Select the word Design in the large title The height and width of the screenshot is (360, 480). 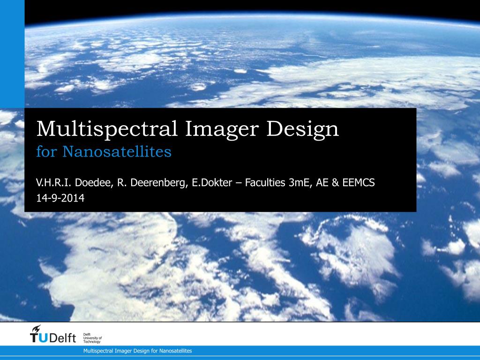point(303,129)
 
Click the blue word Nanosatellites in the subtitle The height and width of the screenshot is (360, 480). point(117,152)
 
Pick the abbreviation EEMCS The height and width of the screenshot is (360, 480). point(359,183)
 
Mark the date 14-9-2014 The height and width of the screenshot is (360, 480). point(60,198)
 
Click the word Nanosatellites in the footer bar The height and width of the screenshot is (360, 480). point(176,351)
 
